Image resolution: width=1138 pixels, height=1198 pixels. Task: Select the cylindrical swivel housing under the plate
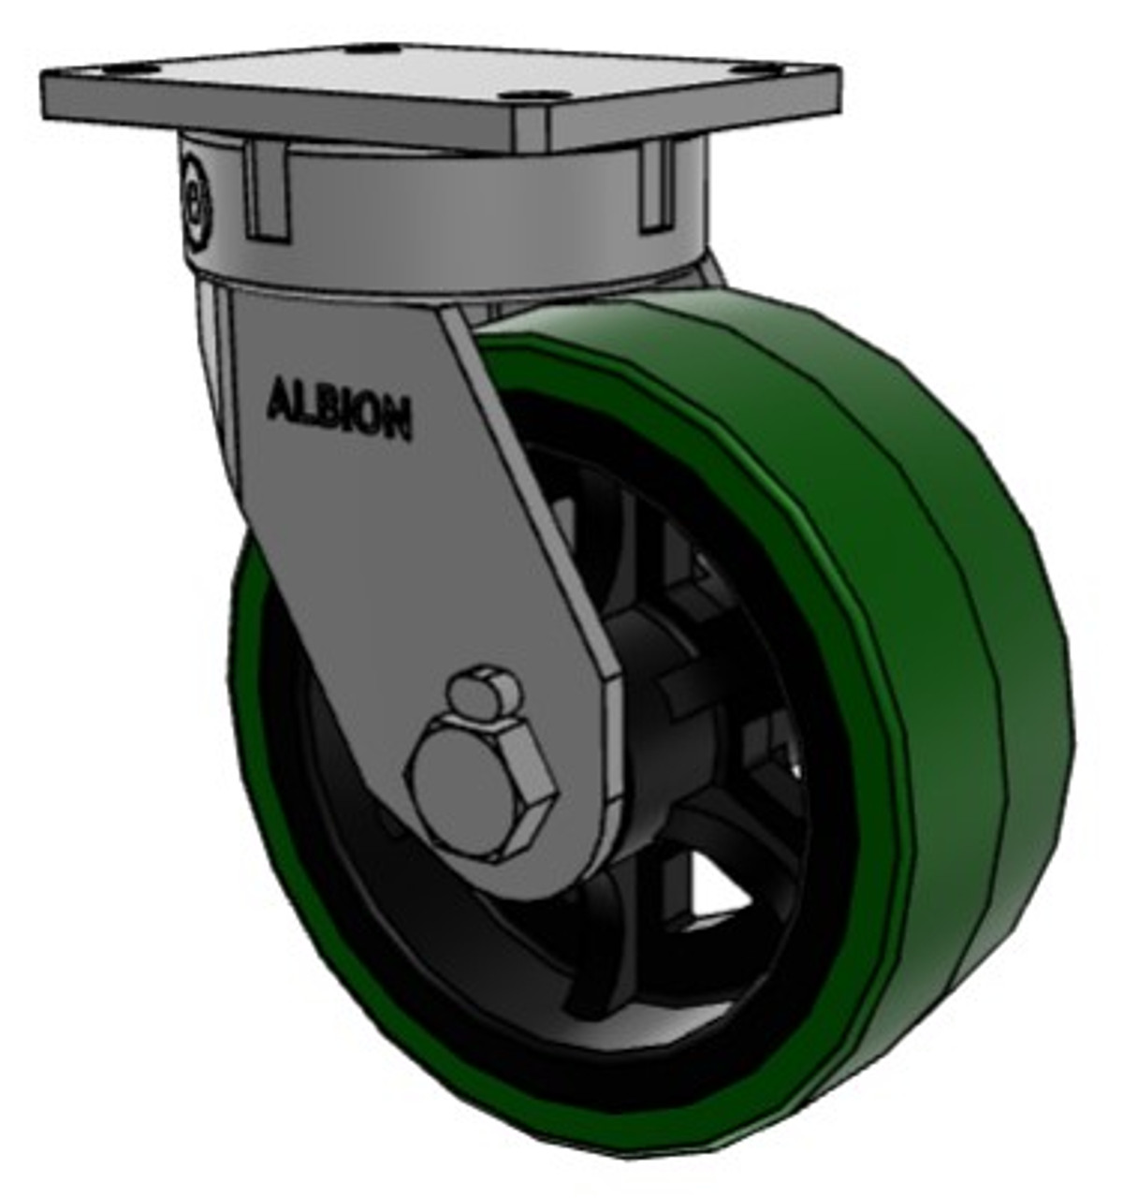point(449,215)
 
